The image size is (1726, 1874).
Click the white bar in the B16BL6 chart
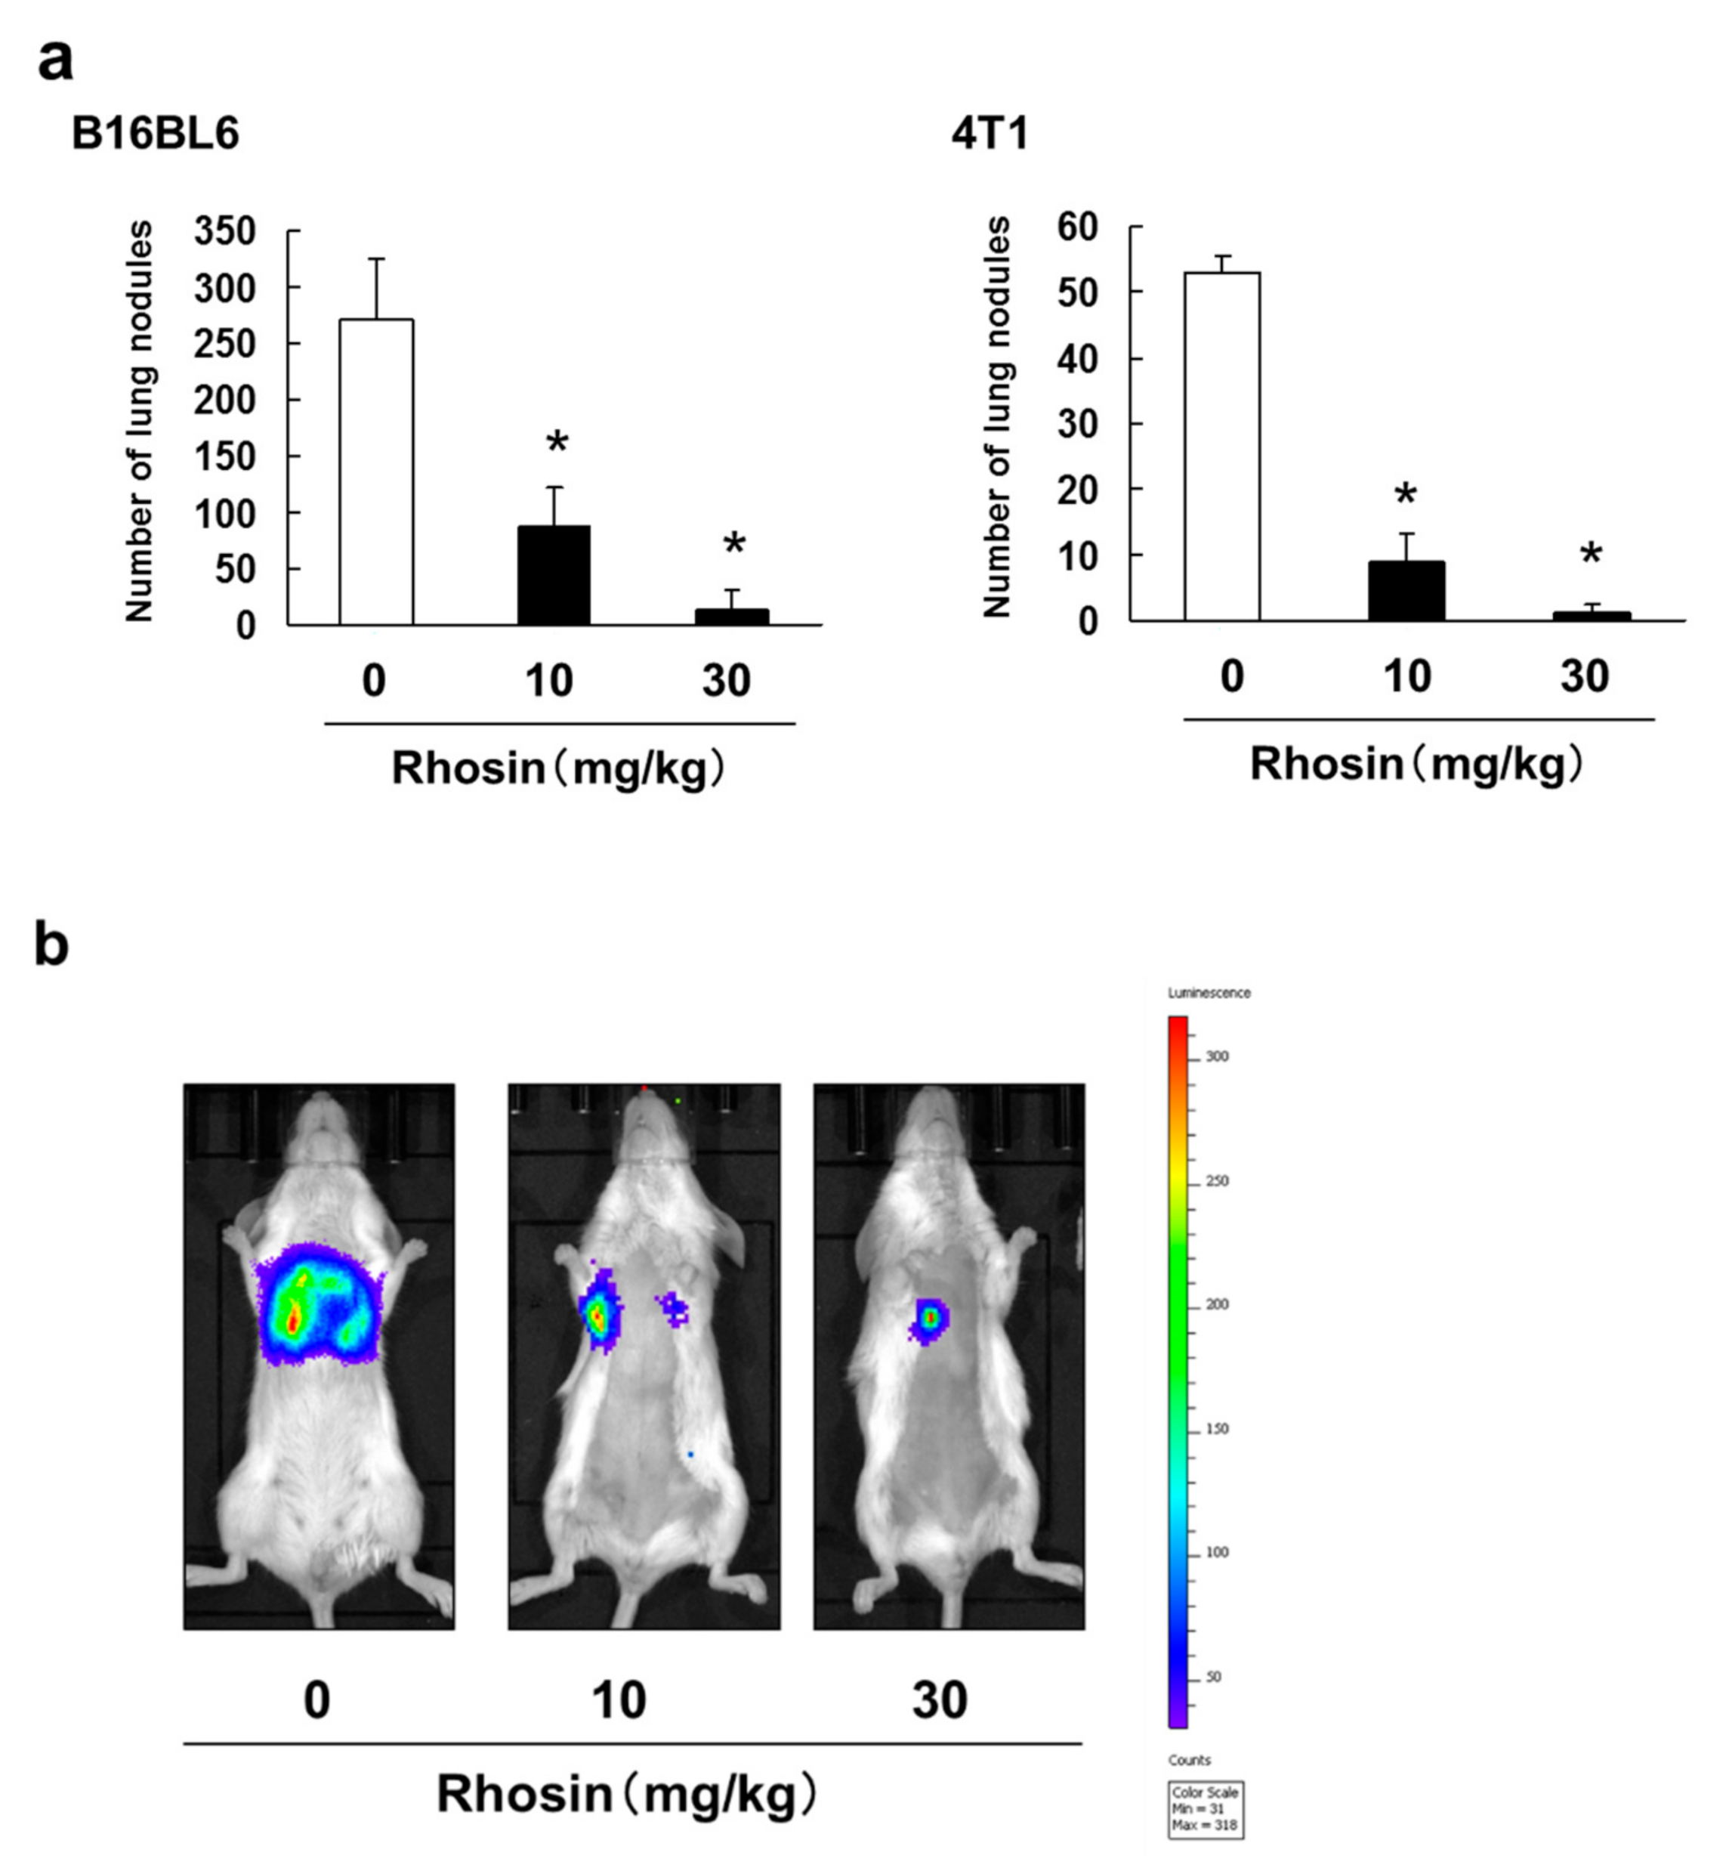376,472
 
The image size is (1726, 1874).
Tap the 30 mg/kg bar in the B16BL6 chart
731,617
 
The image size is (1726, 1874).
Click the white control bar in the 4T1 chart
1221,447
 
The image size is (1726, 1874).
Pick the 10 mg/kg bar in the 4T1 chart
1406,590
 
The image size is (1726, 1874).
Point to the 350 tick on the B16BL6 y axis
225,230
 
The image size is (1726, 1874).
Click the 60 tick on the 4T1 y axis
1077,227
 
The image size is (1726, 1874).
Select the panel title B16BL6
155,134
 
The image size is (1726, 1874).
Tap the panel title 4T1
990,134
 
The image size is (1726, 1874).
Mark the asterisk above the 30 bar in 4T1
1591,555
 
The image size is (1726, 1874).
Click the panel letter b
51,945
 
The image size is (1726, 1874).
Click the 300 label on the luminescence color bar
1217,1056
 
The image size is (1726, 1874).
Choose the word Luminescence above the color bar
1209,993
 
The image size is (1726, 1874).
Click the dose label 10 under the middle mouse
619,1700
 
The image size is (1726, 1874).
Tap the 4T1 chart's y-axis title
999,418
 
